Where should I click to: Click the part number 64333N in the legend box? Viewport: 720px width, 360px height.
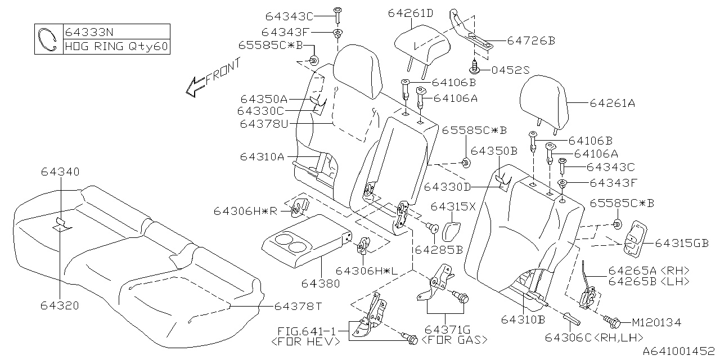tap(88, 31)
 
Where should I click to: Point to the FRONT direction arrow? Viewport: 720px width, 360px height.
tap(196, 86)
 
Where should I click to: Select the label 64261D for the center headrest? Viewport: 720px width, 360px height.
tap(410, 13)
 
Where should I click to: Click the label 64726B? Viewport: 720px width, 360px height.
tap(531, 40)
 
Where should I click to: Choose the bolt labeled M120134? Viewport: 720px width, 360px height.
tap(614, 322)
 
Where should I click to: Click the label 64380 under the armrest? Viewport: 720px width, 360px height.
tap(321, 283)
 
